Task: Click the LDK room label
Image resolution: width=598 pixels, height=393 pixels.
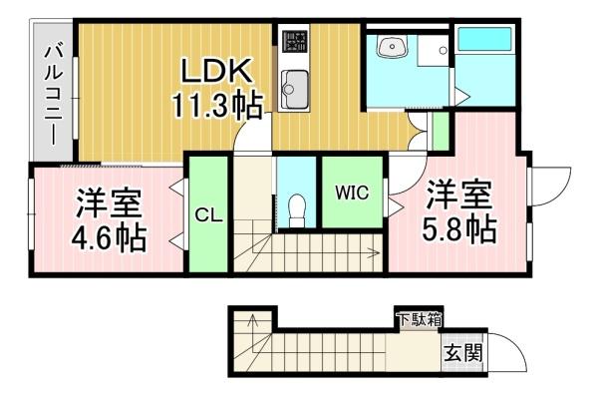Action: click(217, 71)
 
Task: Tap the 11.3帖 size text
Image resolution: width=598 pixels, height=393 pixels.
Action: click(217, 106)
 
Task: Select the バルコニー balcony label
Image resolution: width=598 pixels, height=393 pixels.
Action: click(53, 94)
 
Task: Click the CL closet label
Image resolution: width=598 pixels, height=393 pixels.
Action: click(208, 215)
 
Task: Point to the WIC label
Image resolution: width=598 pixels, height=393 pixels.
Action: click(352, 193)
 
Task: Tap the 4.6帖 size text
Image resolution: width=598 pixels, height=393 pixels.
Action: click(109, 237)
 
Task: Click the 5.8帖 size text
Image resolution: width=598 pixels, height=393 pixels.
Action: click(458, 229)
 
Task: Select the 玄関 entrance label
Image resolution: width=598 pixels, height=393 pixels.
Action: click(463, 353)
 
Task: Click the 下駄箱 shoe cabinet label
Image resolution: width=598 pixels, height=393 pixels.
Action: click(420, 319)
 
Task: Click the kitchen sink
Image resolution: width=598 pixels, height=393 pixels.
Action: click(294, 90)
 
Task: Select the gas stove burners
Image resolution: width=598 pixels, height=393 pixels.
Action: click(294, 41)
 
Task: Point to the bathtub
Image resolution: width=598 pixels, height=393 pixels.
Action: click(484, 39)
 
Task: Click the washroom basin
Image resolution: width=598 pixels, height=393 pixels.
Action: click(392, 47)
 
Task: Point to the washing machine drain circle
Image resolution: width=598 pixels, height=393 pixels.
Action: click(443, 50)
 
